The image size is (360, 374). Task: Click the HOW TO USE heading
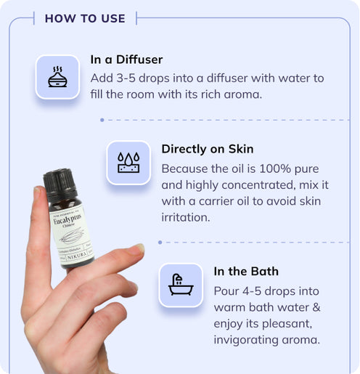85,18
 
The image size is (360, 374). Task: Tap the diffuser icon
58,77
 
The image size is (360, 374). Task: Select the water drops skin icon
128,162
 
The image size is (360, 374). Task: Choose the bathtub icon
179,285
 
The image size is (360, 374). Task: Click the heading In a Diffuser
127,60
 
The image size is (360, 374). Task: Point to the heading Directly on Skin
207,149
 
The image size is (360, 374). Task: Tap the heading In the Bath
246,272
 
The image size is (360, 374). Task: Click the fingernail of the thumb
136,248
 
